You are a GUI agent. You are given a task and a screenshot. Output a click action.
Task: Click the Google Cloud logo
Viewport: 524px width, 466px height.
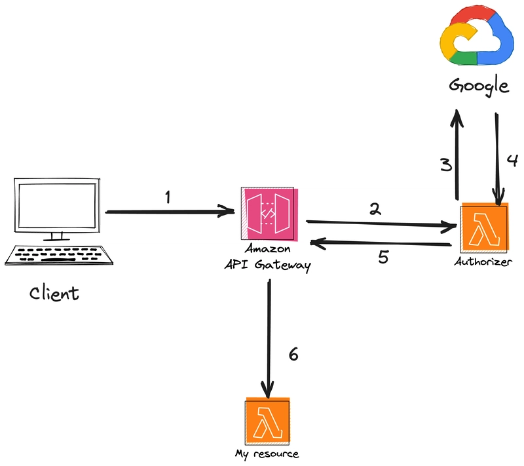tap(477, 36)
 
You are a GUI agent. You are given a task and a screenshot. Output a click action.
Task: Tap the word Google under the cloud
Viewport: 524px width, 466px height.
tap(479, 86)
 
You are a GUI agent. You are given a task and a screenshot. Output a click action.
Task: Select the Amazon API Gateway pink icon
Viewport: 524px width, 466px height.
tap(269, 214)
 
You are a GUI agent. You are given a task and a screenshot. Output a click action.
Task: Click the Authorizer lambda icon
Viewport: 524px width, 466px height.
tap(484, 227)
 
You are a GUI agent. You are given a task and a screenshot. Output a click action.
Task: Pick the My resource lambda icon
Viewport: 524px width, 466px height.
tap(268, 421)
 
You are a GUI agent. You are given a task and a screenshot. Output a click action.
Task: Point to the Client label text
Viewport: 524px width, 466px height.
tap(54, 294)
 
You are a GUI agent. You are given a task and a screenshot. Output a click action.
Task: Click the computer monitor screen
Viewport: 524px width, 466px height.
tap(57, 205)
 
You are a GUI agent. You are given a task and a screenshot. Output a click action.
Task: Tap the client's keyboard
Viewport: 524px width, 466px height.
tap(59, 256)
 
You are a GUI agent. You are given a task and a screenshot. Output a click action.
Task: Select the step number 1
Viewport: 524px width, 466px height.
tap(168, 197)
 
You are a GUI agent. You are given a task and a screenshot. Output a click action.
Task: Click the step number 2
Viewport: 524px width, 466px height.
tap(375, 209)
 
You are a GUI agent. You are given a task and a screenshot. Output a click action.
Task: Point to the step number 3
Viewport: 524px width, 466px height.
tap(446, 165)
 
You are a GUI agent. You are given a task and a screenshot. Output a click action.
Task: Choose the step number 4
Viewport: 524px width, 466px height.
tap(512, 160)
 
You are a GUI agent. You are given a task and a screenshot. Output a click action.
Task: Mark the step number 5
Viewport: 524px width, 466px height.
tap(383, 257)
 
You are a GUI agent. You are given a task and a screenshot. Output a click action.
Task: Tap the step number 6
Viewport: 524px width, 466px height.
tap(293, 354)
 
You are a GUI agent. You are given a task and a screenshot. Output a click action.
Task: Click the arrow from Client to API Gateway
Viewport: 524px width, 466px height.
tap(170, 211)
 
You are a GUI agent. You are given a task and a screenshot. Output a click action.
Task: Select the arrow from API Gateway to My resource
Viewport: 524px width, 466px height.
tap(269, 339)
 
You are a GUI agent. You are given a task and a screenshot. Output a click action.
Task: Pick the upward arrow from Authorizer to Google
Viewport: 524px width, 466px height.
tap(457, 155)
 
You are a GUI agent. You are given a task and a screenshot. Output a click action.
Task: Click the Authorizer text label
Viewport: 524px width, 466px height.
tap(483, 262)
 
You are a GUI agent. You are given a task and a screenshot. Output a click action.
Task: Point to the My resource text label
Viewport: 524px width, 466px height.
tap(267, 454)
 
